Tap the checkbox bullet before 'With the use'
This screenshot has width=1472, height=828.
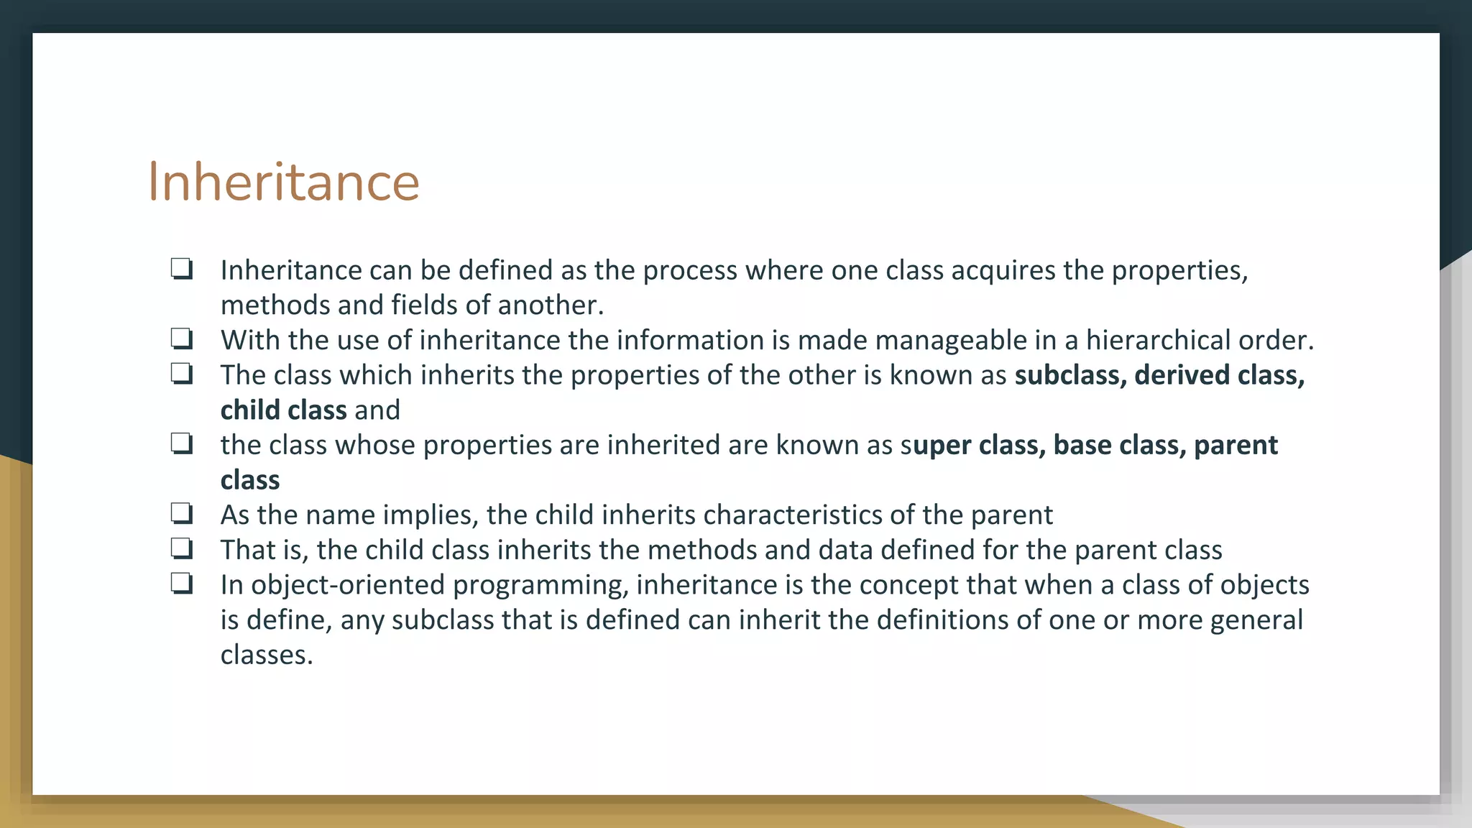click(182, 338)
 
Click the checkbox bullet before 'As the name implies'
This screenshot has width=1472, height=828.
click(182, 513)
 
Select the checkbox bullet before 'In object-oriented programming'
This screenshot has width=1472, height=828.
click(182, 583)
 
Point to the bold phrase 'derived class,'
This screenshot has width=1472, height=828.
click(1219, 375)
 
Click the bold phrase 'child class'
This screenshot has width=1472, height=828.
click(283, 410)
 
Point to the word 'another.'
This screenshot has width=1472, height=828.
click(550, 305)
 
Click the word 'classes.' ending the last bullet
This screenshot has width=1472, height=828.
click(267, 655)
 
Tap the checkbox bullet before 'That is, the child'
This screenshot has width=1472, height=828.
click(182, 548)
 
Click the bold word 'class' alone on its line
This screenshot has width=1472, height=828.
click(249, 480)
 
